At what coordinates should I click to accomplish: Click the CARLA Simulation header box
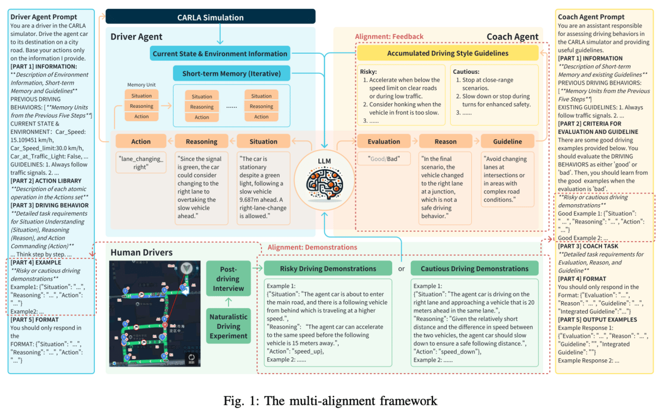coord(210,17)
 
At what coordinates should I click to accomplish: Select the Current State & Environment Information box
coord(220,53)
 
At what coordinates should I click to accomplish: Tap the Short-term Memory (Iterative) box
coord(232,73)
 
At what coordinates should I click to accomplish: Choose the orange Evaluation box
coord(384,142)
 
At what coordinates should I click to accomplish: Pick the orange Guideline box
coord(507,142)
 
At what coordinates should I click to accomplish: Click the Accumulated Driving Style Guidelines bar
coord(447,53)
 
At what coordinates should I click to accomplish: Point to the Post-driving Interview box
coord(228,279)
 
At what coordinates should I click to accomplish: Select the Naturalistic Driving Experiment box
coord(228,326)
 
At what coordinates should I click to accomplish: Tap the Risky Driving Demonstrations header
coord(328,268)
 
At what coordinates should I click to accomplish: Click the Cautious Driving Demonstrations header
coord(474,268)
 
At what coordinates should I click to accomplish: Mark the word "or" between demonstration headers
coord(401,268)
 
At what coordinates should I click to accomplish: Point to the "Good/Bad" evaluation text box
coord(384,159)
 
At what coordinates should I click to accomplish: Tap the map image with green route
coord(155,314)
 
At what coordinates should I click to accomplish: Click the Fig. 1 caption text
coord(330,401)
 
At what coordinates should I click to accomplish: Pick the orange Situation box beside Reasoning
coord(263,142)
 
